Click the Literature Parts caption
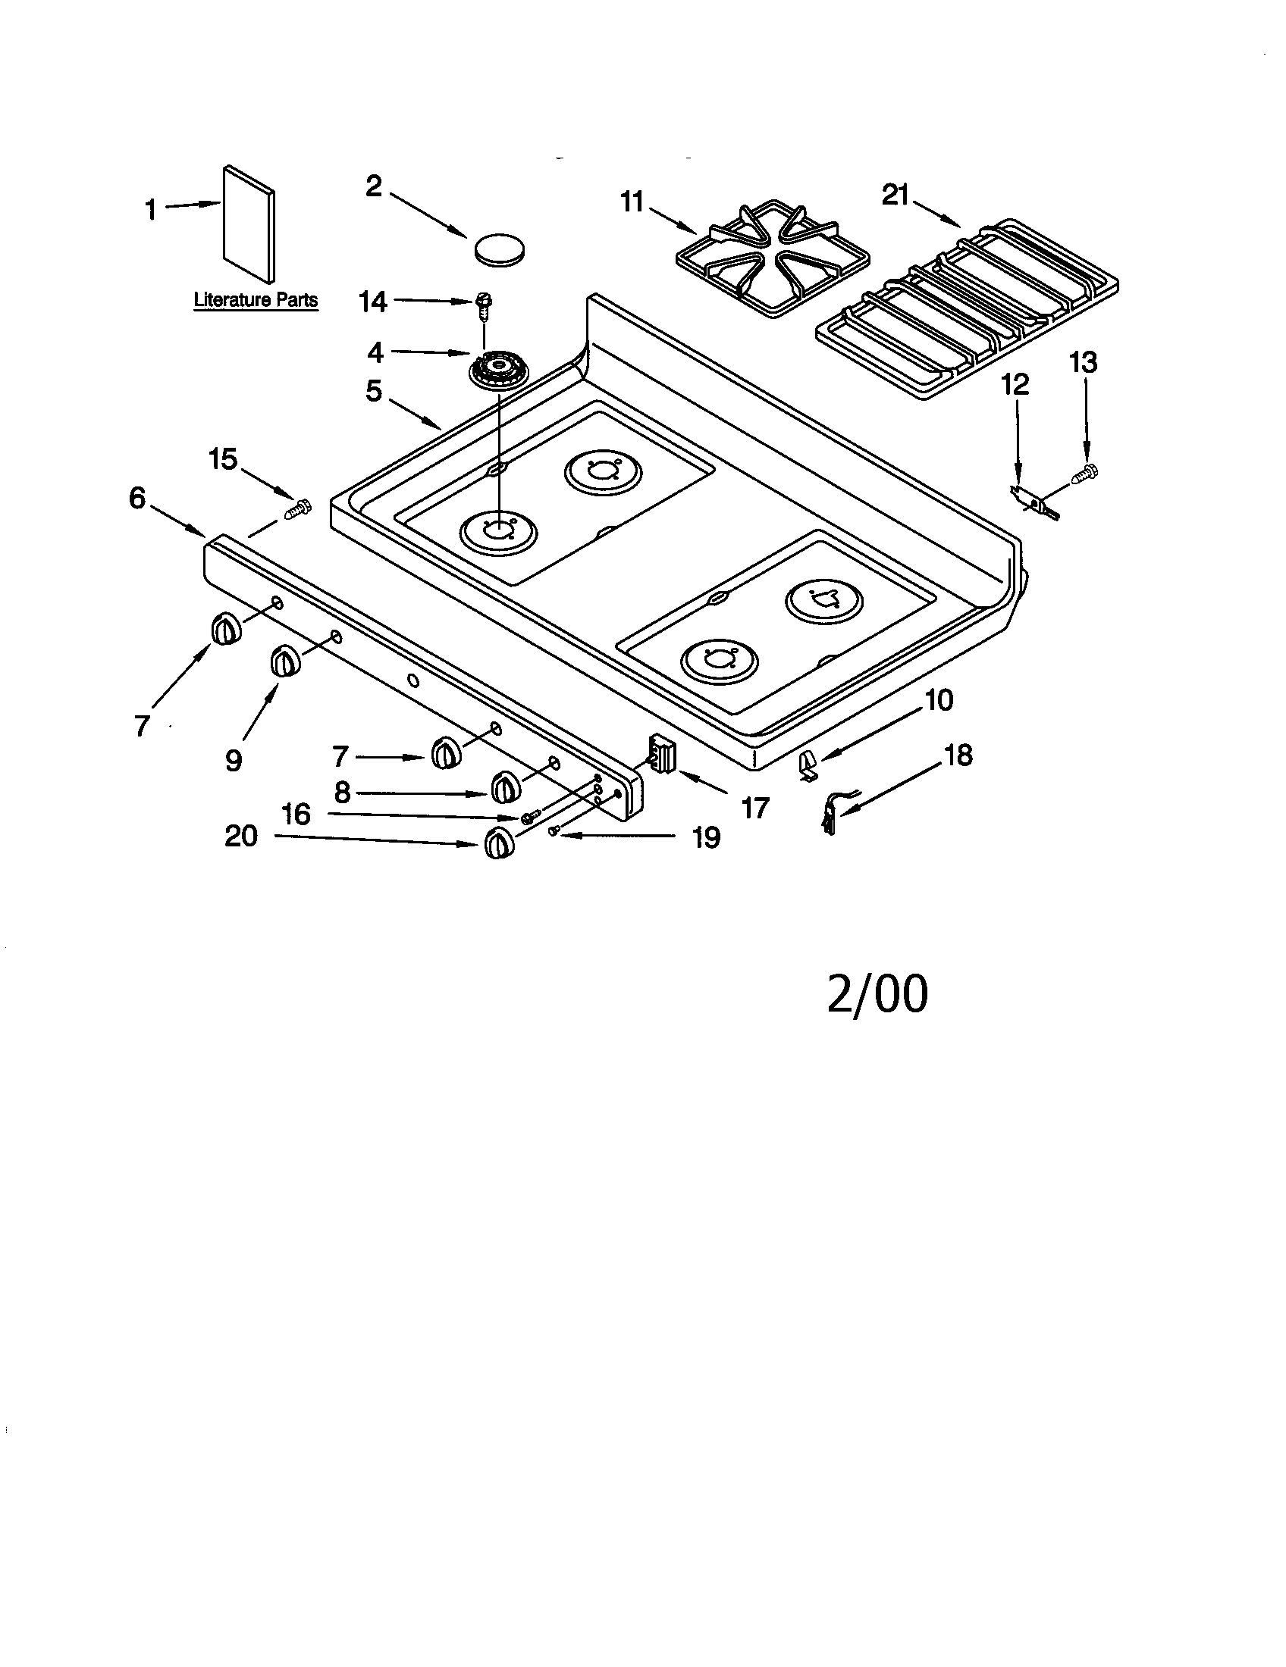pyautogui.click(x=255, y=300)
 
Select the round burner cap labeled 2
pyautogui.click(x=500, y=249)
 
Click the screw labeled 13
pyautogui.click(x=1084, y=474)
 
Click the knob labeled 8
pyautogui.click(x=504, y=787)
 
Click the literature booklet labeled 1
pyautogui.click(x=249, y=224)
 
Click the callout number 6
pyautogui.click(x=136, y=499)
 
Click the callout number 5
pyautogui.click(x=372, y=391)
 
